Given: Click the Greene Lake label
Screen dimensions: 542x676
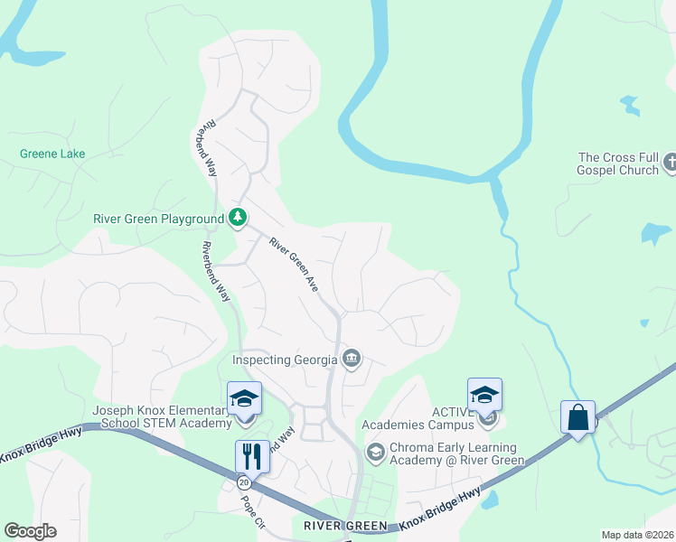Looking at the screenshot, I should (x=52, y=154).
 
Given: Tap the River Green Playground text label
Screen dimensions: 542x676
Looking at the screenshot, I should (x=158, y=219).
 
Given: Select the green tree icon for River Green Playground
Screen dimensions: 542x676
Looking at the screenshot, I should (x=238, y=217).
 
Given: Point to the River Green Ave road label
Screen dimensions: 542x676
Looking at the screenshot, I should (x=295, y=264).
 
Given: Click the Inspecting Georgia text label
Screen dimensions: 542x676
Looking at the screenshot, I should (x=285, y=360).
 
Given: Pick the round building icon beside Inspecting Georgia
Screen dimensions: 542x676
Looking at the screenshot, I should (x=352, y=360).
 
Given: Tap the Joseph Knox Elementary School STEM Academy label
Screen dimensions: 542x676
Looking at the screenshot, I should (x=162, y=417).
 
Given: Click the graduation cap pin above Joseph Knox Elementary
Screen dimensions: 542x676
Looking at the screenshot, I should (x=244, y=397).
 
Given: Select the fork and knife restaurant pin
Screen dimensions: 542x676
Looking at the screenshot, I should (x=252, y=455).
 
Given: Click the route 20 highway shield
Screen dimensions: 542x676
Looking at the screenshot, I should (x=244, y=482).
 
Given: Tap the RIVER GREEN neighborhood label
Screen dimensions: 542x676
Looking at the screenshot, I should (x=345, y=526).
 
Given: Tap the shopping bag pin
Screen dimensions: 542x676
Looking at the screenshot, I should (x=577, y=417).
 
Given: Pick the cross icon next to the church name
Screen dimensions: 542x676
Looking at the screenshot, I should (x=670, y=163).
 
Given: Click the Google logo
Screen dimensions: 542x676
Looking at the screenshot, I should (x=30, y=531).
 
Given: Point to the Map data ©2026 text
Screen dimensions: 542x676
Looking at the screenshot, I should (x=636, y=535).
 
